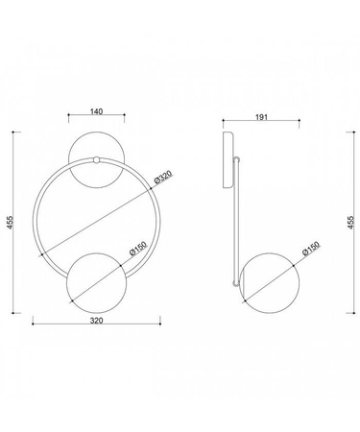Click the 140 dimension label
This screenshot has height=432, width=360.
coord(96,111)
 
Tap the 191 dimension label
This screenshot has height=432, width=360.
coord(261,117)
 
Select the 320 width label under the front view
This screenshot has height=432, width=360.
coord(96,321)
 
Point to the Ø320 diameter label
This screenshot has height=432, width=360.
coord(163,177)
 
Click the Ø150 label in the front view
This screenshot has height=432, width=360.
coord(138,248)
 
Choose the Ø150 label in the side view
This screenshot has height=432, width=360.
coord(311,248)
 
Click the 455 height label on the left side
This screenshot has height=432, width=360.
coord(11,223)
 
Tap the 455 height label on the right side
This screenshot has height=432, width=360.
coord(350,223)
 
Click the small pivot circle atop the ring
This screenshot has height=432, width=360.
coord(96,160)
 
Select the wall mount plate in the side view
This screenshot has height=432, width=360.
coord(228,159)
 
